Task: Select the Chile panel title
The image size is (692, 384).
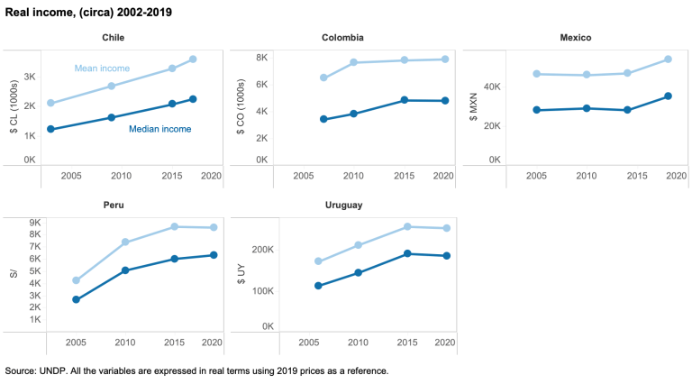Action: (x=113, y=38)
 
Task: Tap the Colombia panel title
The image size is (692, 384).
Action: (x=343, y=38)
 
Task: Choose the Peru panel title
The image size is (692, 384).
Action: (x=113, y=205)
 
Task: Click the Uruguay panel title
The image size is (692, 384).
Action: (x=343, y=205)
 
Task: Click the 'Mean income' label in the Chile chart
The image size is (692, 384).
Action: (x=101, y=68)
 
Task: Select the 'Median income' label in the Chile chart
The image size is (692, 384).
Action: (x=159, y=129)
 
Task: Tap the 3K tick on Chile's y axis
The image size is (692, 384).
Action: (x=29, y=78)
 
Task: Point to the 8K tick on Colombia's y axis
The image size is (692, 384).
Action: (x=259, y=58)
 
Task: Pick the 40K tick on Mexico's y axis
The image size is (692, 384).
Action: (x=487, y=87)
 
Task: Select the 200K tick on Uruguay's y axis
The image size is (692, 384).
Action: (x=262, y=250)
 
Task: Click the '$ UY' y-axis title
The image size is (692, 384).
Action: (x=243, y=274)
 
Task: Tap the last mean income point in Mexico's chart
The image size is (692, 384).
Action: (x=668, y=59)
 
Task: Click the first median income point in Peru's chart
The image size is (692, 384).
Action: (x=76, y=299)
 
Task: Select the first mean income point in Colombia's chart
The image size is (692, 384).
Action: (x=323, y=78)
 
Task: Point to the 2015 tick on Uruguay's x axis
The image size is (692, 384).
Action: (x=407, y=342)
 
